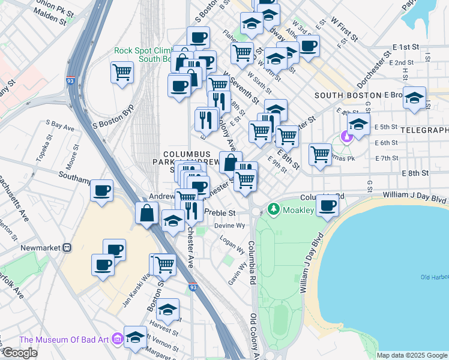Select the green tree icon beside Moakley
point(274,209)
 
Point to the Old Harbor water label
point(435,277)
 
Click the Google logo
point(20,353)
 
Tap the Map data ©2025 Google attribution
point(412,355)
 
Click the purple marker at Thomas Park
point(346,137)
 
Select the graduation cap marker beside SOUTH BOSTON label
point(414,96)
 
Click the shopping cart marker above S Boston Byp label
point(122,72)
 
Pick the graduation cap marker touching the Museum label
point(135,335)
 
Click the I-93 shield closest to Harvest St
point(191,287)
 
